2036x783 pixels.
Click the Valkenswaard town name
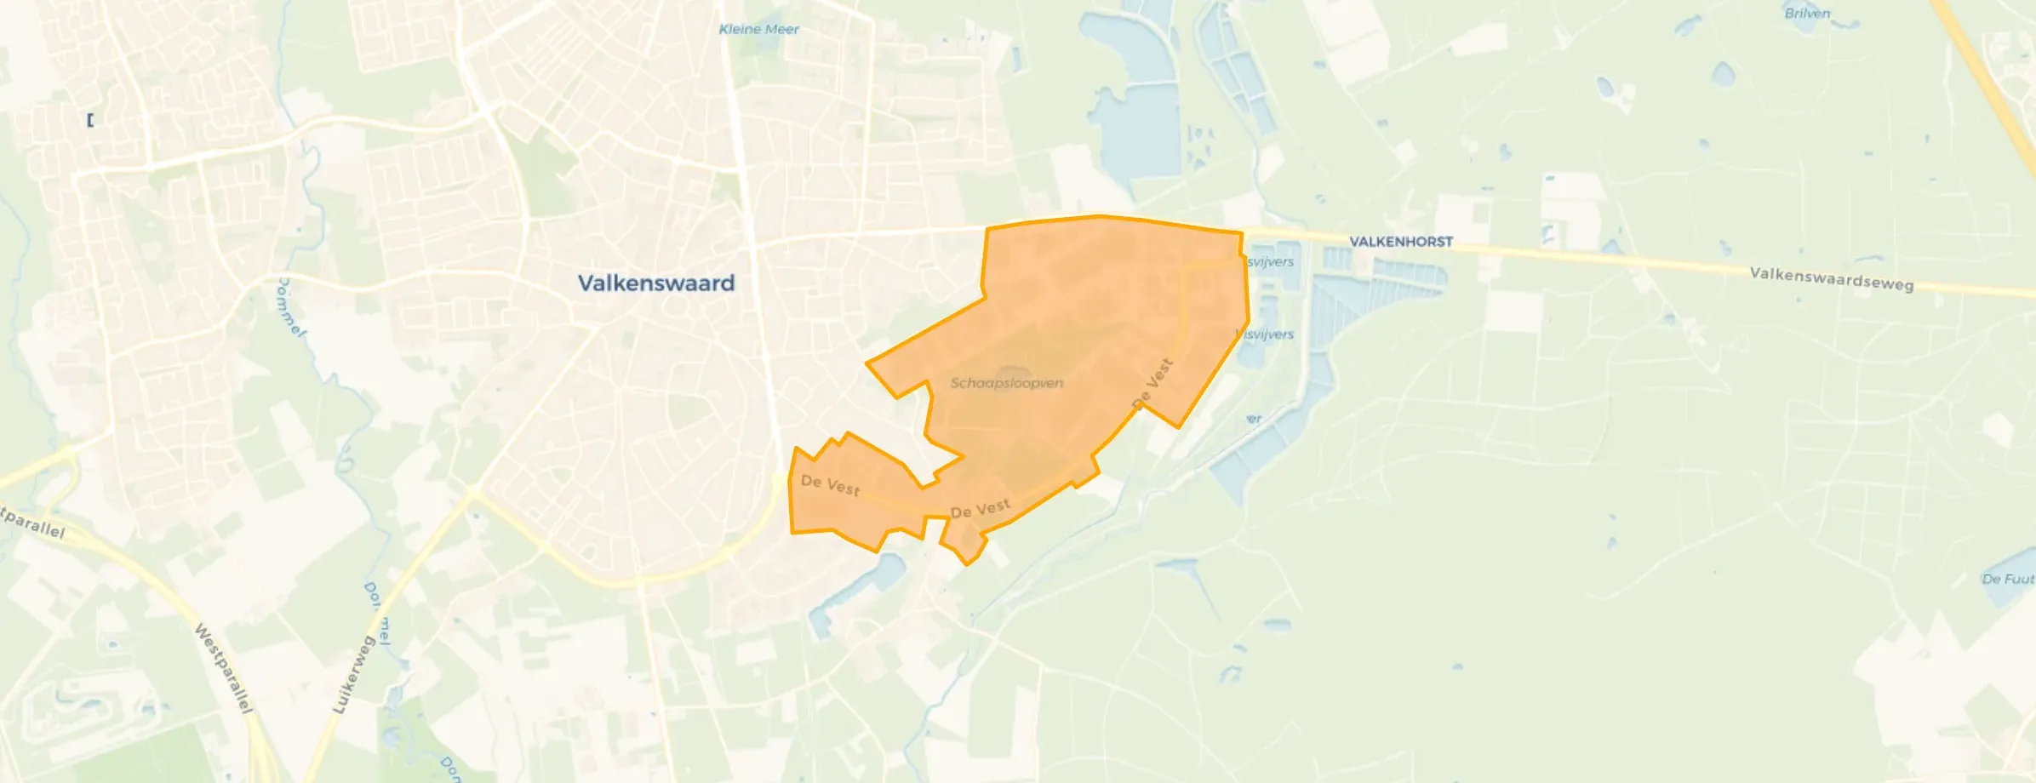(655, 283)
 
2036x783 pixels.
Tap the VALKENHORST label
(1401, 242)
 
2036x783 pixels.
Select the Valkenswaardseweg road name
(1832, 278)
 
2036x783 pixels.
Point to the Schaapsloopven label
(1006, 383)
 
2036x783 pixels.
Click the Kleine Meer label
(758, 29)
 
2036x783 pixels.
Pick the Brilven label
(1807, 14)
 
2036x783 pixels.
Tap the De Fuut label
(2007, 579)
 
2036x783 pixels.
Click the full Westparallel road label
(224, 668)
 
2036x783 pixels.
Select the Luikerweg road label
(353, 675)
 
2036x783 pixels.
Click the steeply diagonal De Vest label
(1153, 383)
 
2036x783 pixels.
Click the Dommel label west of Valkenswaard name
(290, 307)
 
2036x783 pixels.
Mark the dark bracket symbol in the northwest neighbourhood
(90, 120)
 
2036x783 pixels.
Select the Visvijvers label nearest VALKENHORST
(1270, 261)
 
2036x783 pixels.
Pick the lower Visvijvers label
(1267, 334)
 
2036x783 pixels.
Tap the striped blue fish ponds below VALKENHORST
(1379, 285)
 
